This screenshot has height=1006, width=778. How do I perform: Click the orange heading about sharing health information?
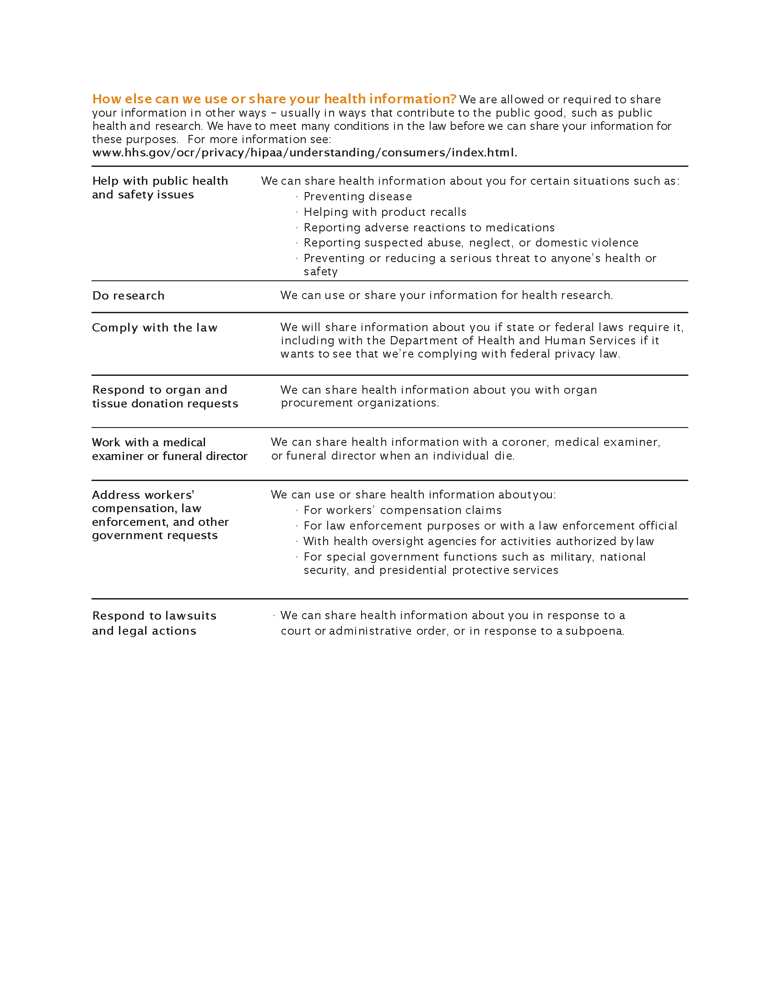pyautogui.click(x=274, y=99)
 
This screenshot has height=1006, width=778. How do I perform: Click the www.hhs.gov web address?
pyautogui.click(x=304, y=152)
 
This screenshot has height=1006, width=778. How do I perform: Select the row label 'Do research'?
pyautogui.click(x=128, y=296)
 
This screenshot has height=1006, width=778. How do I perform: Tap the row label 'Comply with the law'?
pyautogui.click(x=154, y=327)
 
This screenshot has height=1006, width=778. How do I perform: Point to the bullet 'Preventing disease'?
pyautogui.click(x=358, y=197)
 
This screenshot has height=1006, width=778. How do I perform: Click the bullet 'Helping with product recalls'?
pyautogui.click(x=385, y=212)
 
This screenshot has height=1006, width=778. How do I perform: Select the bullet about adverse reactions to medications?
pyautogui.click(x=429, y=228)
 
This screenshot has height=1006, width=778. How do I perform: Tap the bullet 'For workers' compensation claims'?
pyautogui.click(x=402, y=510)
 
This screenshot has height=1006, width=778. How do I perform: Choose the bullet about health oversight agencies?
pyautogui.click(x=478, y=541)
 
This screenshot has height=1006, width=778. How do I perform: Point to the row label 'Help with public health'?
pyautogui.click(x=160, y=181)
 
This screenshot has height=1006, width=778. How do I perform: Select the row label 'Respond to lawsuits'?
pyautogui.click(x=154, y=616)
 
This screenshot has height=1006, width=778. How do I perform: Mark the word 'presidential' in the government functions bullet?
pyautogui.click(x=413, y=570)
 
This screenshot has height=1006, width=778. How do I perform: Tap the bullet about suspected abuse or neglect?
pyautogui.click(x=470, y=243)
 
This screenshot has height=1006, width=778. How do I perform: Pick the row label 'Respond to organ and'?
pyautogui.click(x=159, y=390)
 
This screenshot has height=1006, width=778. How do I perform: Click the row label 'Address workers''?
pyautogui.click(x=143, y=495)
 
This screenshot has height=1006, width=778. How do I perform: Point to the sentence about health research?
pyautogui.click(x=446, y=295)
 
